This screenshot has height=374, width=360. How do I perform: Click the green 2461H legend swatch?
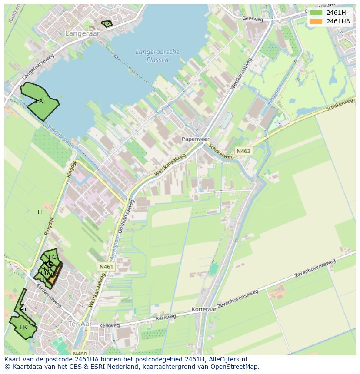pos(316,13)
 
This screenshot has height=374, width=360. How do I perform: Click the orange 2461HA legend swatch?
pos(316,21)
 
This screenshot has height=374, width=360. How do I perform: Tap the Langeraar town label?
pos(82,33)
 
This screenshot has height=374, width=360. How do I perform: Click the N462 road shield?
pos(243,151)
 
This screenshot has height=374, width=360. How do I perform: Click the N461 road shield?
pos(106,267)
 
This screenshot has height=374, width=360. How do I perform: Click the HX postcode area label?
pos(39,101)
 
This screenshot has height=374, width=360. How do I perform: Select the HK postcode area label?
pos(23,327)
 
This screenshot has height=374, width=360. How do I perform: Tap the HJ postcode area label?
pos(23,310)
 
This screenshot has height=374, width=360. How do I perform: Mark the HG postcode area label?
pos(53,257)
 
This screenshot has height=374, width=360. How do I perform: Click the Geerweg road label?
pos(253,19)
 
